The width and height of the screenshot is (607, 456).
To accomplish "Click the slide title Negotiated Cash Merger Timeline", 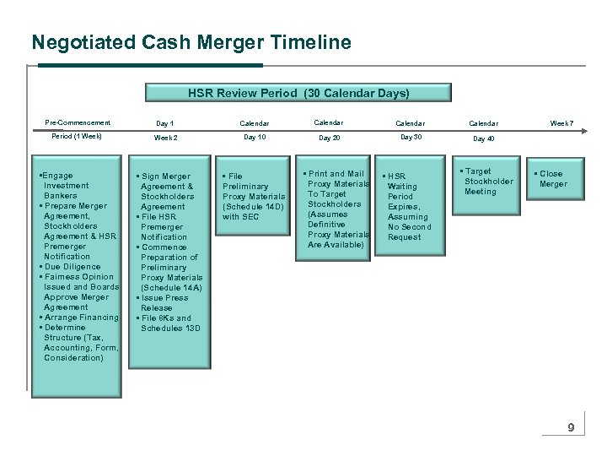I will point(191,41).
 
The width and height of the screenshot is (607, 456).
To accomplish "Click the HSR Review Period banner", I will point(298,92).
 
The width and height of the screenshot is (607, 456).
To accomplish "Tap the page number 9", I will point(571,428).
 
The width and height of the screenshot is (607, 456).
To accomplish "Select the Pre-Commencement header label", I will point(78,123).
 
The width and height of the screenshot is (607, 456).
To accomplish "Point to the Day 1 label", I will point(165,124).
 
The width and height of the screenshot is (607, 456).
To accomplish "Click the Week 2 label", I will point(166,137).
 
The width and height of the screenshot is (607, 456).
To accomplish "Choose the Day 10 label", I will point(254,136).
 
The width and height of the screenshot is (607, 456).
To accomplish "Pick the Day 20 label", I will point(330,137).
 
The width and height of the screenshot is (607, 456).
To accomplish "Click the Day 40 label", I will point(484,138).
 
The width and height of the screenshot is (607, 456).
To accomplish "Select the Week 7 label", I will point(561,124).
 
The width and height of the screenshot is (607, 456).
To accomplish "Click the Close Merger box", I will point(553,179).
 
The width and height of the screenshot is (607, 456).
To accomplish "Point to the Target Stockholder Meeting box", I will point(487,182).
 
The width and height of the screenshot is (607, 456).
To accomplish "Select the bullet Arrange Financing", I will point(80,318).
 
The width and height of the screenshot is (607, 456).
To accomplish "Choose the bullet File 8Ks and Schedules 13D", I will point(168,323).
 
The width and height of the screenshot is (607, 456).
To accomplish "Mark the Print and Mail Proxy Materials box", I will point(335,209).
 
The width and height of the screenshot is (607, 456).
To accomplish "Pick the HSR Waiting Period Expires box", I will point(408,207).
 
